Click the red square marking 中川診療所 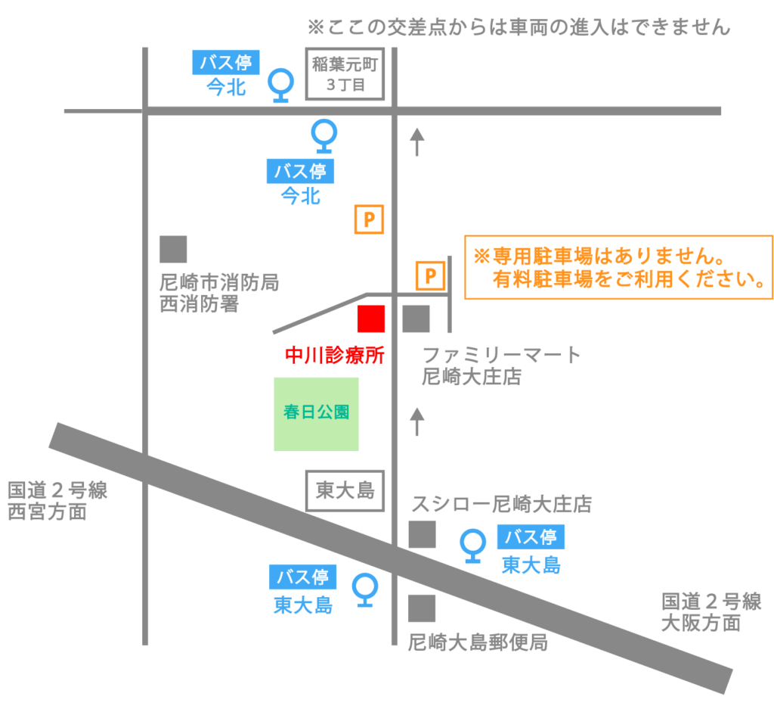pyautogui.click(x=371, y=319)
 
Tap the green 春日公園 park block pyautogui.click(x=315, y=414)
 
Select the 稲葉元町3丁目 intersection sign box pyautogui.click(x=345, y=74)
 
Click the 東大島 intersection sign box pyautogui.click(x=345, y=490)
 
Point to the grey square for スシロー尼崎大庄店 pyautogui.click(x=422, y=535)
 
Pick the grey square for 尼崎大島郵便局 pyautogui.click(x=422, y=608)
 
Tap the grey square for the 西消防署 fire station pyautogui.click(x=173, y=249)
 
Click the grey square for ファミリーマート pyautogui.click(x=416, y=319)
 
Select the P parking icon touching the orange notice pyautogui.click(x=430, y=275)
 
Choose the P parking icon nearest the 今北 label pyautogui.click(x=370, y=220)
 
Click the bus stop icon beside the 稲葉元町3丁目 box pyautogui.click(x=281, y=86)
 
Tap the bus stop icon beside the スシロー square pyautogui.click(x=473, y=546)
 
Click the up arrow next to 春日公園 pyautogui.click(x=416, y=421)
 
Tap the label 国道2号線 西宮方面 pyautogui.click(x=57, y=501)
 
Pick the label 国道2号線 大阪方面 pyautogui.click(x=711, y=612)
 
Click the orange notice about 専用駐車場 pyautogui.click(x=618, y=267)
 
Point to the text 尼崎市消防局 pyautogui.click(x=219, y=284)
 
